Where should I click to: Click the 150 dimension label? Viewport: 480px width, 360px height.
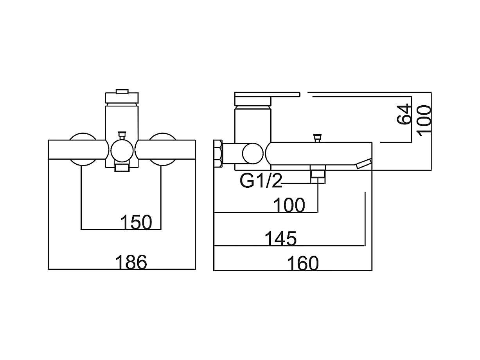point(136,222)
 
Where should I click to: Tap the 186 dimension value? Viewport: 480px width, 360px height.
point(131,262)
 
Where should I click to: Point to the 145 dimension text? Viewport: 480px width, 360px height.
point(280,238)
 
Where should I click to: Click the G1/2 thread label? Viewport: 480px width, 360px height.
point(261,181)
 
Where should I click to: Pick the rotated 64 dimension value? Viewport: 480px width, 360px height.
point(404,114)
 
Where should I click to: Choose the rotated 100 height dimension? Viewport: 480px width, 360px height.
point(424,121)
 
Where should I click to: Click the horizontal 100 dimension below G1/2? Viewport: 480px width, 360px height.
point(289,205)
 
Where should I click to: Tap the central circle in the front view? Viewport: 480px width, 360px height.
point(122,151)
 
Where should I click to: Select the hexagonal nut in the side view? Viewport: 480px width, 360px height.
point(218,154)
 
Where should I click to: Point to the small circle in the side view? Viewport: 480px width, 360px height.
point(253,154)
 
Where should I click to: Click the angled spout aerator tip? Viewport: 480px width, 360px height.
point(363,164)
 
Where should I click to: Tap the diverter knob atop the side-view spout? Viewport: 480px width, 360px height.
point(317,138)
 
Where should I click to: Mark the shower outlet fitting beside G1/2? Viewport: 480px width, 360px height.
point(318,174)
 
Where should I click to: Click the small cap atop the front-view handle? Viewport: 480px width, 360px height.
point(122,91)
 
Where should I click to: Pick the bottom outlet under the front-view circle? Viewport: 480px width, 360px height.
point(122,167)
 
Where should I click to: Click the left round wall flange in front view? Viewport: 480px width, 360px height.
point(83,149)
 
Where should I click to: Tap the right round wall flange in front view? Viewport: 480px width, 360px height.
point(162,149)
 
